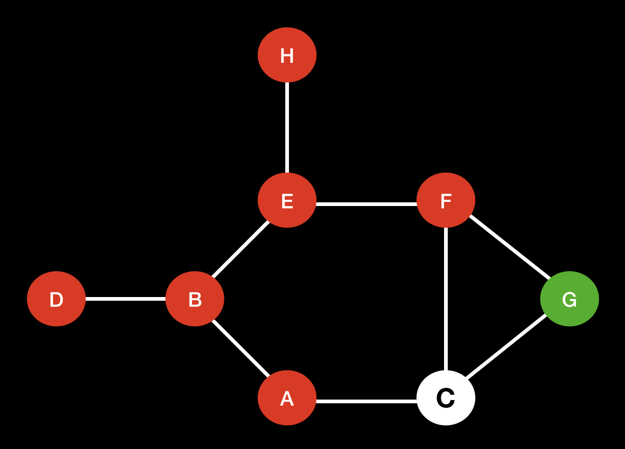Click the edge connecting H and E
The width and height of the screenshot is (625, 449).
coord(287,127)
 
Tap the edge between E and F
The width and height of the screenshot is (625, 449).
coord(367,204)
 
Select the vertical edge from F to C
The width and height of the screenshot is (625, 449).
coord(446,299)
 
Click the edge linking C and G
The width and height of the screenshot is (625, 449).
coord(507,346)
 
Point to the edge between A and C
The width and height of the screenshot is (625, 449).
coord(367,401)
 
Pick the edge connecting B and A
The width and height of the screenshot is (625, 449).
coord(240,348)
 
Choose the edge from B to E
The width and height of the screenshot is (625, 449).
coord(240,249)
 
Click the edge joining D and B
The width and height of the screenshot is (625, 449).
coord(126,299)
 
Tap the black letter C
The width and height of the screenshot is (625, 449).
coord(446,398)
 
